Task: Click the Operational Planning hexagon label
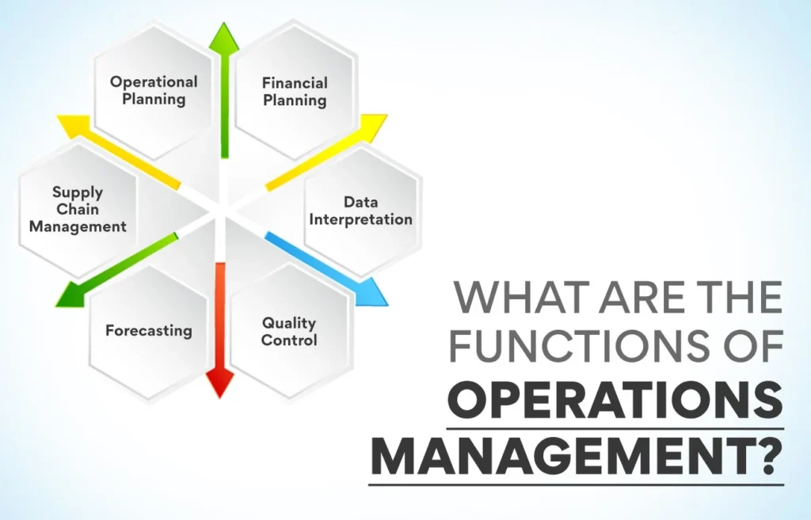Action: [x=154, y=90]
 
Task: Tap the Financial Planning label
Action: [x=295, y=91]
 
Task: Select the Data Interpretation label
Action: [x=360, y=210]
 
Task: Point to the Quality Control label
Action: [x=289, y=331]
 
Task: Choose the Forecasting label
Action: [x=149, y=330]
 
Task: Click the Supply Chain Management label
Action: [x=78, y=209]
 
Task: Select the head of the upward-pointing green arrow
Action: [x=224, y=36]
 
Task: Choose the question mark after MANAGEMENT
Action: [x=767, y=456]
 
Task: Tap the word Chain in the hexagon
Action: [x=78, y=209]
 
